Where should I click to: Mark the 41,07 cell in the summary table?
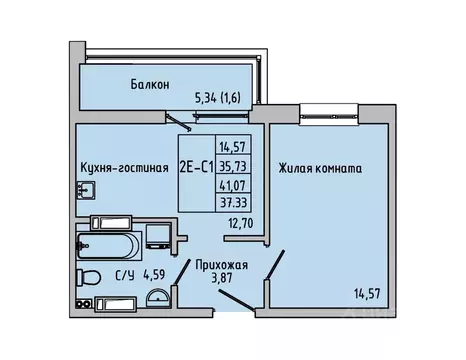click(233, 186)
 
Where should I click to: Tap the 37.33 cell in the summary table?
click(233, 203)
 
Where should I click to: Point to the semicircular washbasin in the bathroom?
click(157, 295)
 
